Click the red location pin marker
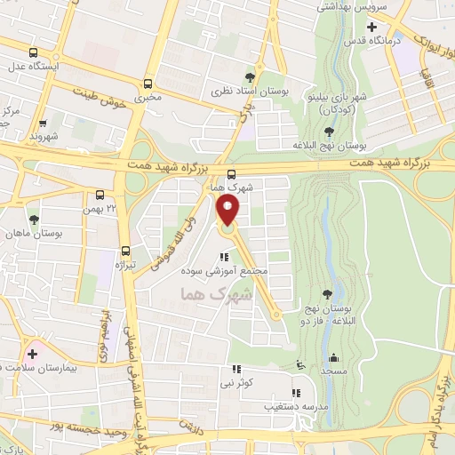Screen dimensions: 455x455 click(228, 212)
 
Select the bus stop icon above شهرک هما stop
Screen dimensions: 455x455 click(231, 174)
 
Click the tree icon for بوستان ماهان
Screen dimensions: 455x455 click(34, 219)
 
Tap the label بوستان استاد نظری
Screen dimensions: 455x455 click(240, 92)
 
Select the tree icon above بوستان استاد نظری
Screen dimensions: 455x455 click(260, 77)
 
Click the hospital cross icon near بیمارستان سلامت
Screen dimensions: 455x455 click(33, 354)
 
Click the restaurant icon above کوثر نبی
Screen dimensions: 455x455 click(236, 369)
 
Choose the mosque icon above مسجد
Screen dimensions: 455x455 click(333, 357)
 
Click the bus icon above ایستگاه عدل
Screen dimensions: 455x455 click(34, 52)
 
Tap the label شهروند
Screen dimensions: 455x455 click(43, 138)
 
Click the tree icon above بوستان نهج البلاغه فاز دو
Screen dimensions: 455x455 click(329, 293)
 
